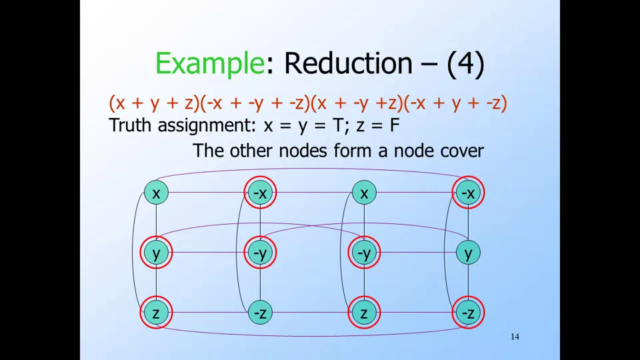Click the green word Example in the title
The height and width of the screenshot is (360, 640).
click(x=210, y=64)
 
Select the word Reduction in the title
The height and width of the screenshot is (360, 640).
click(x=348, y=63)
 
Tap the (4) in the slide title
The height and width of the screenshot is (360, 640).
click(x=466, y=64)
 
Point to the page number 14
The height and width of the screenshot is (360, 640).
click(x=515, y=337)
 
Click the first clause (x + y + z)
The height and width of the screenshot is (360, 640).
click(x=154, y=103)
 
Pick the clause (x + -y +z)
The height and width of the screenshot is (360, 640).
click(x=357, y=103)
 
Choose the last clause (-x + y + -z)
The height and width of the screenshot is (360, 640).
click(x=455, y=103)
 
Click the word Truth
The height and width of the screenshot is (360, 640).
click(x=131, y=125)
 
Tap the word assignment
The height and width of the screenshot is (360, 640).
click(x=207, y=126)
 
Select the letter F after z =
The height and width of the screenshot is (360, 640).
click(x=394, y=125)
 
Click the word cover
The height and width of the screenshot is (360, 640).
click(x=462, y=151)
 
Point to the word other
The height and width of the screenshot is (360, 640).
click(x=251, y=151)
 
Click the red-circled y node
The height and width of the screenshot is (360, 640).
click(x=156, y=253)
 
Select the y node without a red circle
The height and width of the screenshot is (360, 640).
click(x=468, y=253)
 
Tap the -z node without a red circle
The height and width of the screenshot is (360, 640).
click(x=260, y=313)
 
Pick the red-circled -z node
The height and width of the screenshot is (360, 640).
click(x=468, y=313)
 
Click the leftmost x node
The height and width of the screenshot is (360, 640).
click(x=156, y=193)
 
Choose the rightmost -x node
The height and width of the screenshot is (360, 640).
click(x=468, y=193)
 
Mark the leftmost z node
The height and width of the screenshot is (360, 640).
click(x=156, y=313)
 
